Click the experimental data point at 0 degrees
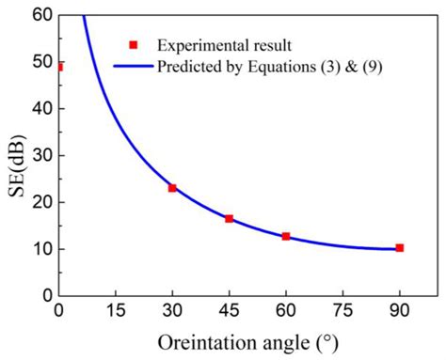click(60, 67)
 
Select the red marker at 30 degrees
click(172, 188)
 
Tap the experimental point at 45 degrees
click(229, 218)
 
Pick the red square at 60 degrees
click(286, 236)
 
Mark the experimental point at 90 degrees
click(399, 248)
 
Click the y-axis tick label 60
click(40, 15)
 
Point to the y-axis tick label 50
click(40, 62)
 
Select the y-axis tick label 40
click(40, 109)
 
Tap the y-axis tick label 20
click(40, 202)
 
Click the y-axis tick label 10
click(40, 249)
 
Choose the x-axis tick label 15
click(116, 311)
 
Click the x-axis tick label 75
click(342, 311)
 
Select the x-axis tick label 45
click(229, 311)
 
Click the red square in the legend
click(134, 44)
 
